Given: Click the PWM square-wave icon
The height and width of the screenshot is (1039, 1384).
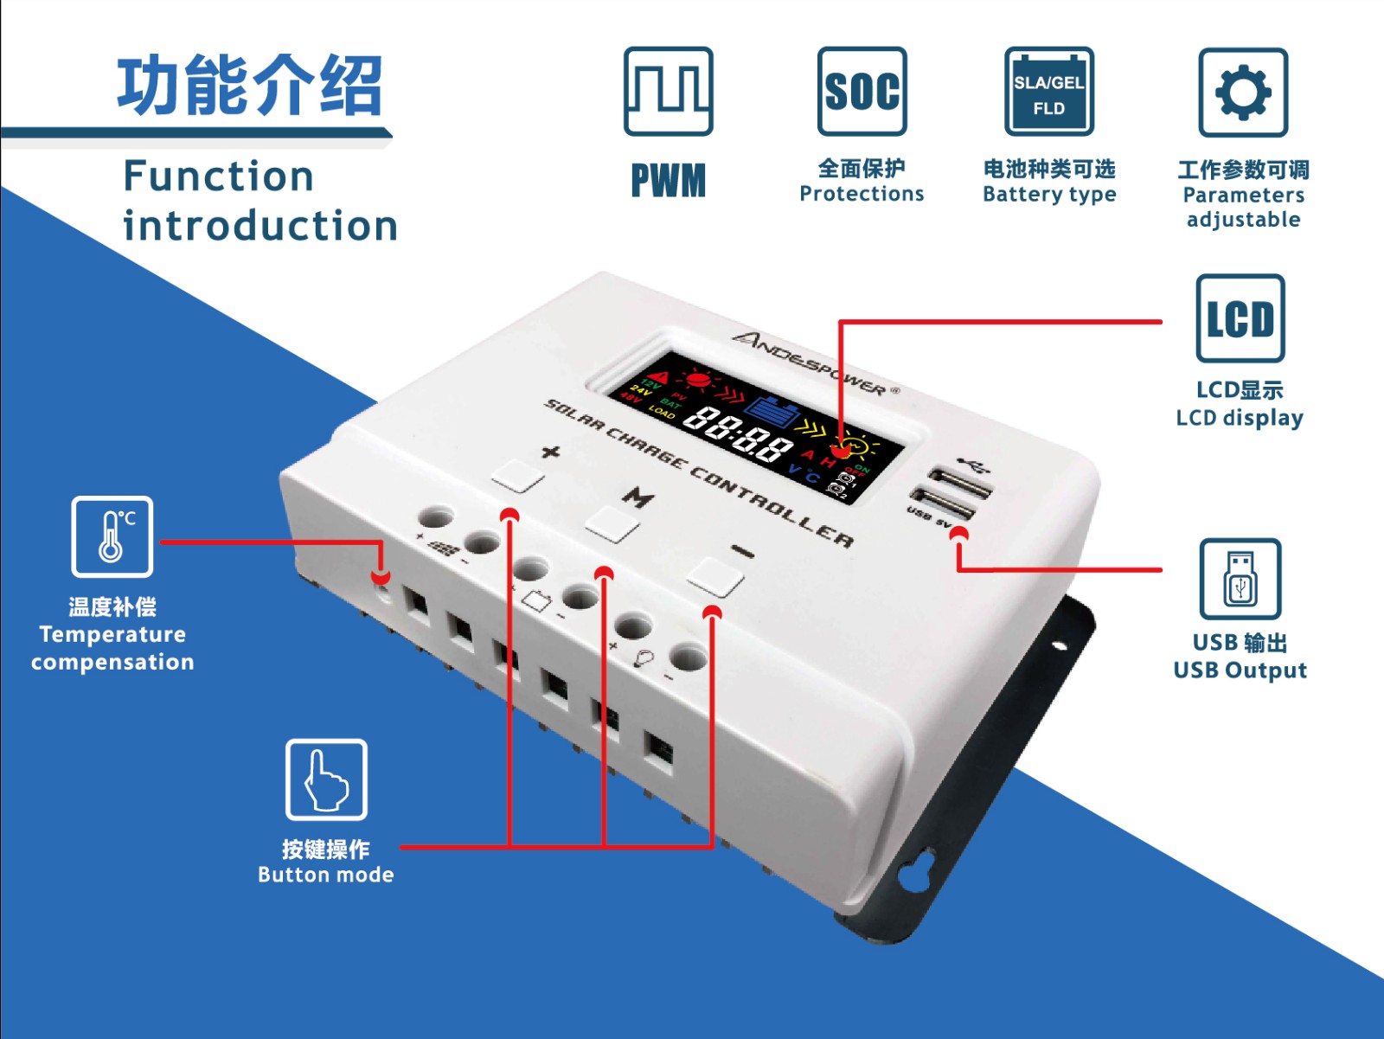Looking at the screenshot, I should click(668, 91).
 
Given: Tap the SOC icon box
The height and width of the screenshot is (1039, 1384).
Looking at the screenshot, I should click(862, 91).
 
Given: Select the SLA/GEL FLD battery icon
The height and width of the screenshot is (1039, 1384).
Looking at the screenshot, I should click(1048, 91).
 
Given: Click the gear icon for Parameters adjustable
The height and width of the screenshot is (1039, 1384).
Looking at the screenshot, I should click(1243, 92).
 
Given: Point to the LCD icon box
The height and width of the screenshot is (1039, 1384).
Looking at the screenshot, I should click(1240, 317).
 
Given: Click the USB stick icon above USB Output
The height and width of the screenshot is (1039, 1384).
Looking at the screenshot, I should click(1240, 579).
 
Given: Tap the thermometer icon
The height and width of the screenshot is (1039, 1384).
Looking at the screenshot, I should click(112, 536).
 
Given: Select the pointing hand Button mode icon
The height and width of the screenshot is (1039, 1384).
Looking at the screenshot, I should click(326, 779).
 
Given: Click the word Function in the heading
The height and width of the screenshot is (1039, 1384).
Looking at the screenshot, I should click(218, 176).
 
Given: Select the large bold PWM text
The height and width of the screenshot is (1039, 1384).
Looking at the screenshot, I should click(668, 181).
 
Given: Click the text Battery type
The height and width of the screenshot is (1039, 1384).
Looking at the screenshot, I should click(1048, 194).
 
